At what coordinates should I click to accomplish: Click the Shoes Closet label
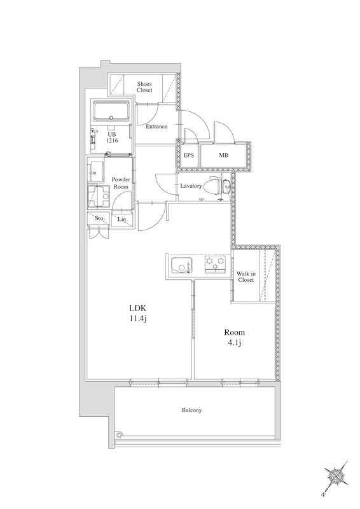(x=144, y=87)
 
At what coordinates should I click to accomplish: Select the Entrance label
(x=156, y=126)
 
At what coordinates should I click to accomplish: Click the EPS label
(x=189, y=155)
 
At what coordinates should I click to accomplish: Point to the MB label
(x=223, y=155)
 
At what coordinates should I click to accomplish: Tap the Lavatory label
(x=191, y=186)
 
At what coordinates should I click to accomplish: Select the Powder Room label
(x=121, y=183)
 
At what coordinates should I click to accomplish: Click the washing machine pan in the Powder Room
(x=99, y=197)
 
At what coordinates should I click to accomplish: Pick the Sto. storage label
(x=99, y=218)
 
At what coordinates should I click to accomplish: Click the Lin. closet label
(x=122, y=220)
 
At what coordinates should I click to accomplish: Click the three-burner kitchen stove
(x=215, y=264)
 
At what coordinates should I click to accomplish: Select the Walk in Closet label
(x=246, y=277)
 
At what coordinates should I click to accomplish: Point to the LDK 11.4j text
(x=138, y=313)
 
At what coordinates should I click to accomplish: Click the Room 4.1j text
(x=234, y=337)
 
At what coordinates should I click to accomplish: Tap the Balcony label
(x=191, y=410)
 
